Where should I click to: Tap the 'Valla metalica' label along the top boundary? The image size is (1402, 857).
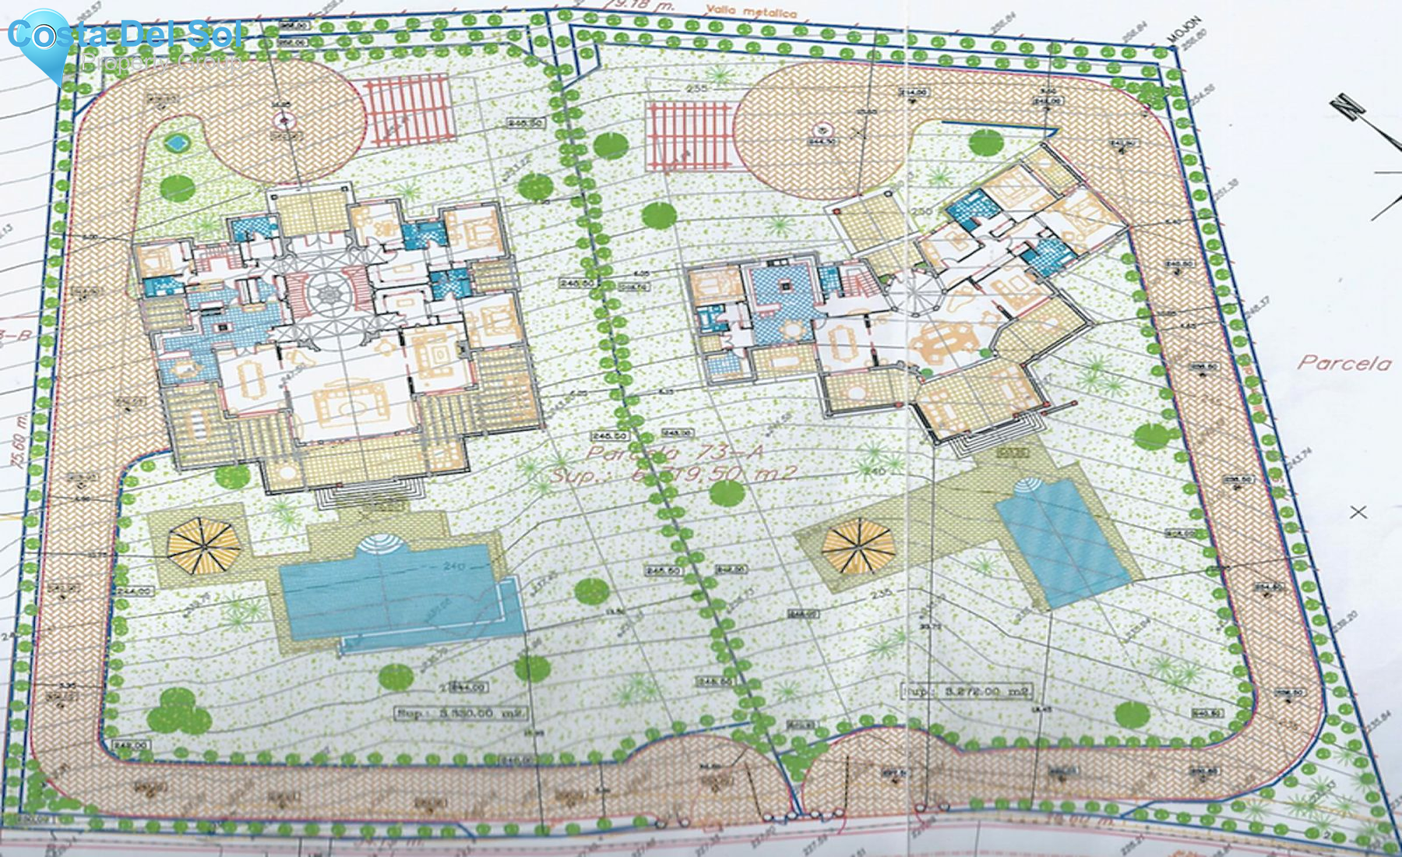pos(751,12)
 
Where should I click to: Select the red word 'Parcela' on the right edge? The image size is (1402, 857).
pos(1344,362)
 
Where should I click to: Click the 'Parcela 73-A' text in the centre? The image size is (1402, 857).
pos(675,453)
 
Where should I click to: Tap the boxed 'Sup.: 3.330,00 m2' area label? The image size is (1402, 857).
pos(460,712)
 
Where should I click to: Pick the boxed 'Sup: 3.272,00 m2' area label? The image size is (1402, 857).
pos(968,691)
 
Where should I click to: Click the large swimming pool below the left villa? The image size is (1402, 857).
pos(397,596)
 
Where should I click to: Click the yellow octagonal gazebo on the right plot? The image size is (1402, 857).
pos(858,545)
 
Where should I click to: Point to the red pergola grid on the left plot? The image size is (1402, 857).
pos(410,109)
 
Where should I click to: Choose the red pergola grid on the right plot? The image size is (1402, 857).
pos(689,136)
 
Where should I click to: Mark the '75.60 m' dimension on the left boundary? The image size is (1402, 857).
pos(19,440)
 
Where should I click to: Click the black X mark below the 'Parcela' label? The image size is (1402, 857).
pos(1358,512)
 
